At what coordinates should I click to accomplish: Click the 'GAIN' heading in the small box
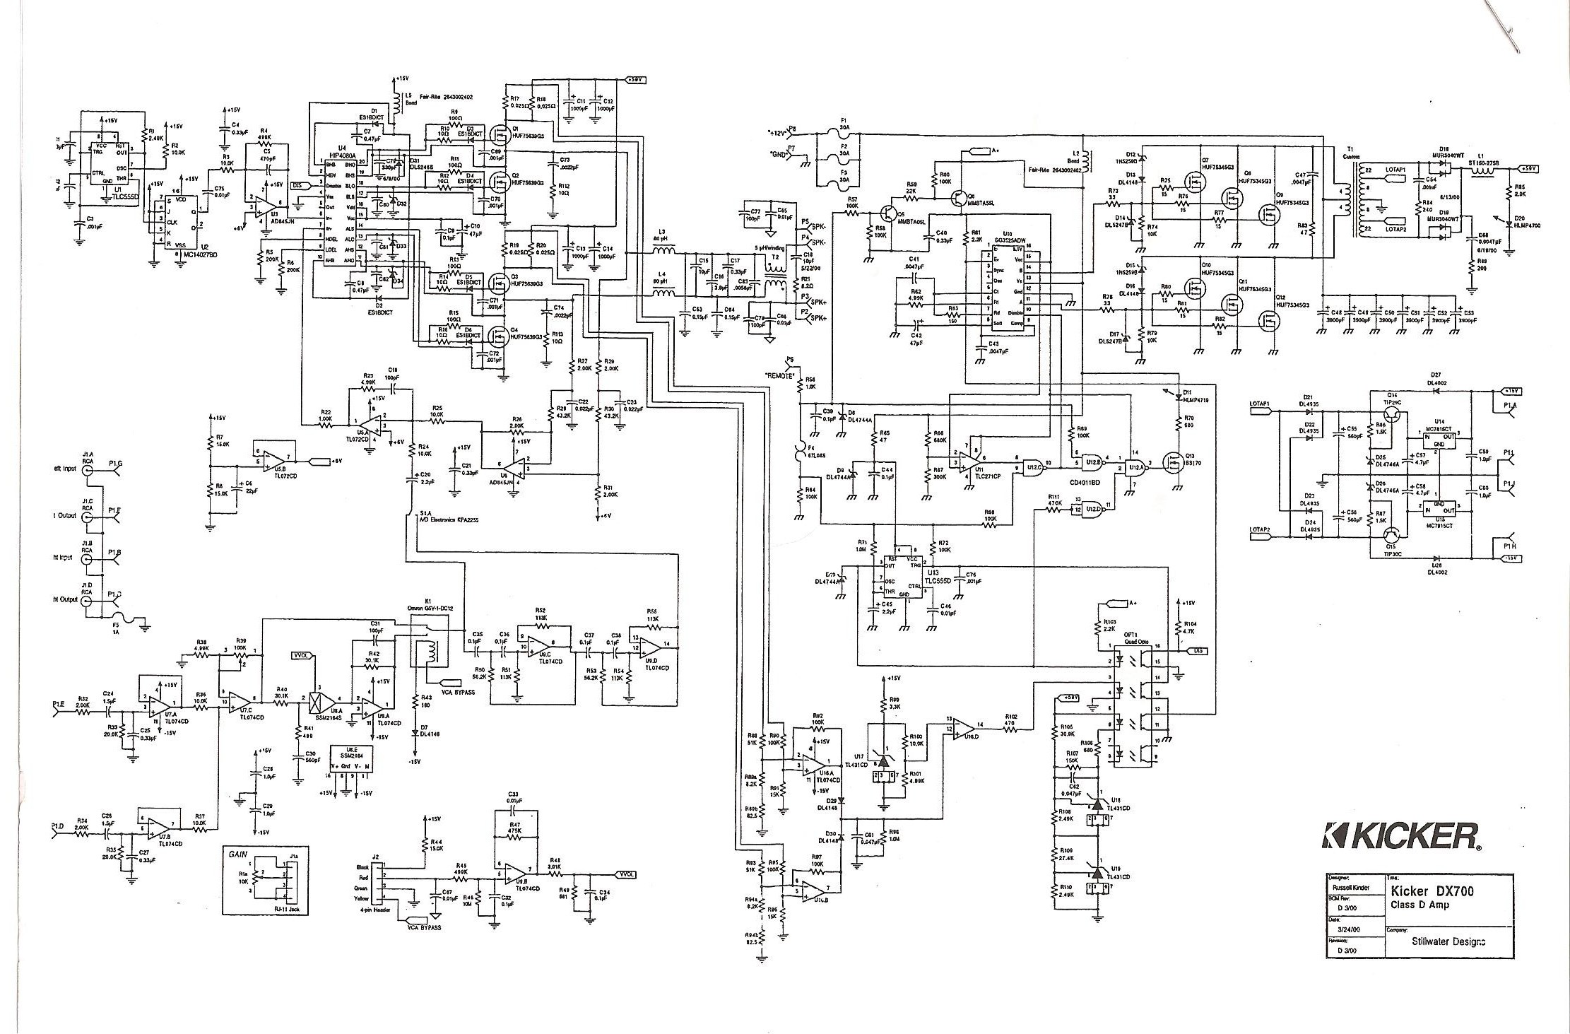[x=237, y=854]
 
